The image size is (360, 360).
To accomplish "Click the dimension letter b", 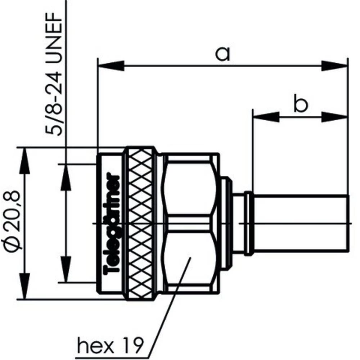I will [300, 104].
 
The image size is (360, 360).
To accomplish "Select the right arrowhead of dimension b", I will [335, 117].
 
